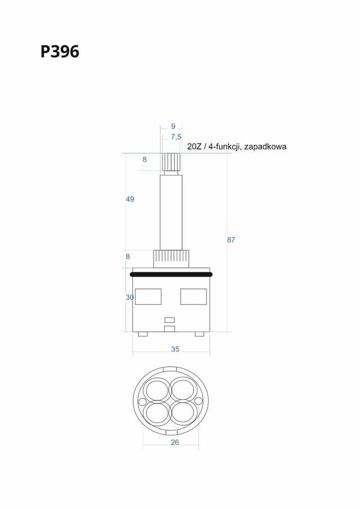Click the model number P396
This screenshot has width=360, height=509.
click(x=60, y=52)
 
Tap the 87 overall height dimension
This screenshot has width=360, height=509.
click(x=231, y=240)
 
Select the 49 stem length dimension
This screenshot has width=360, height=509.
click(x=130, y=199)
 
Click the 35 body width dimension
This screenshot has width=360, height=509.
click(x=175, y=349)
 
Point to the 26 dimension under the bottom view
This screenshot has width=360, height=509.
click(x=174, y=442)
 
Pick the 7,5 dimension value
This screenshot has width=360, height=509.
click(x=176, y=137)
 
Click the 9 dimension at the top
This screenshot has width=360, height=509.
click(x=173, y=127)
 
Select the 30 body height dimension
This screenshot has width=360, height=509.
click(x=129, y=298)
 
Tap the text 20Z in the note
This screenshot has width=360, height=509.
click(x=194, y=146)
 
